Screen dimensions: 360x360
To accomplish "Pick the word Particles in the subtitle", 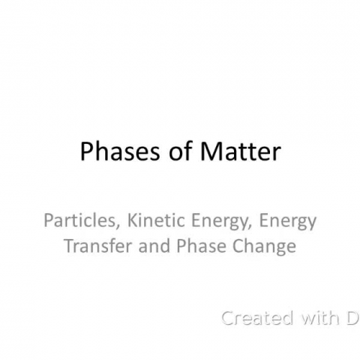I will click(76, 221).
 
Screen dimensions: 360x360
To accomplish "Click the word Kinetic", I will click(146, 221).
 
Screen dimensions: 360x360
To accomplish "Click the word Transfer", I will click(94, 246).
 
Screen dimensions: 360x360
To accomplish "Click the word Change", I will click(260, 247).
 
